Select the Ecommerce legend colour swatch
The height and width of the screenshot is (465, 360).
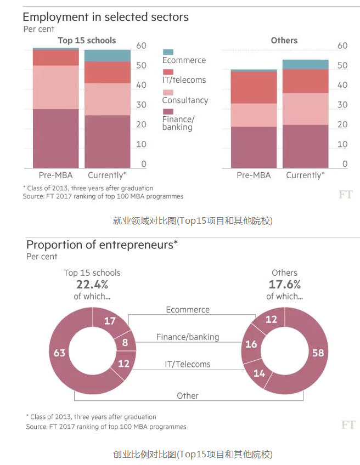[168, 52]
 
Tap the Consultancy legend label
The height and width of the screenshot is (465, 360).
[185, 100]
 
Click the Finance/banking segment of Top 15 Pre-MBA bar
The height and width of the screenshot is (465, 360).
[55, 138]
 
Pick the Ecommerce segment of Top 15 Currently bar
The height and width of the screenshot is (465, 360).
[107, 55]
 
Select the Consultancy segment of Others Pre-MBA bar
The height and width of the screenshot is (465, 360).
[254, 115]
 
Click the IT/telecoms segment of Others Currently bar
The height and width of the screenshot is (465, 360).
[305, 81]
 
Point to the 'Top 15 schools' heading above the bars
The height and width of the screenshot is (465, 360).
[87, 41]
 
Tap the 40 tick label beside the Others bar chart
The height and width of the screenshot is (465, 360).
[342, 85]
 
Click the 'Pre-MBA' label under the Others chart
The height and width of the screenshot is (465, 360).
[254, 175]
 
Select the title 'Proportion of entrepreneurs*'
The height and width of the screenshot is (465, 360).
[102, 245]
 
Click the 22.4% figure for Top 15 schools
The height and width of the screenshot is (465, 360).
[92, 284]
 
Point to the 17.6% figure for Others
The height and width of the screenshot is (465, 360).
[284, 284]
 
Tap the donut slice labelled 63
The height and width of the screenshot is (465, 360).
[59, 353]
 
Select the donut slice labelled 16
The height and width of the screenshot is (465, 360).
[251, 344]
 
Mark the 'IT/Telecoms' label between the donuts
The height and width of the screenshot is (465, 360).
[188, 364]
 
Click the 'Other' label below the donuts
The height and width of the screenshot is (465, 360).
[188, 395]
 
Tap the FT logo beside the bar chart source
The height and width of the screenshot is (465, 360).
[346, 194]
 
